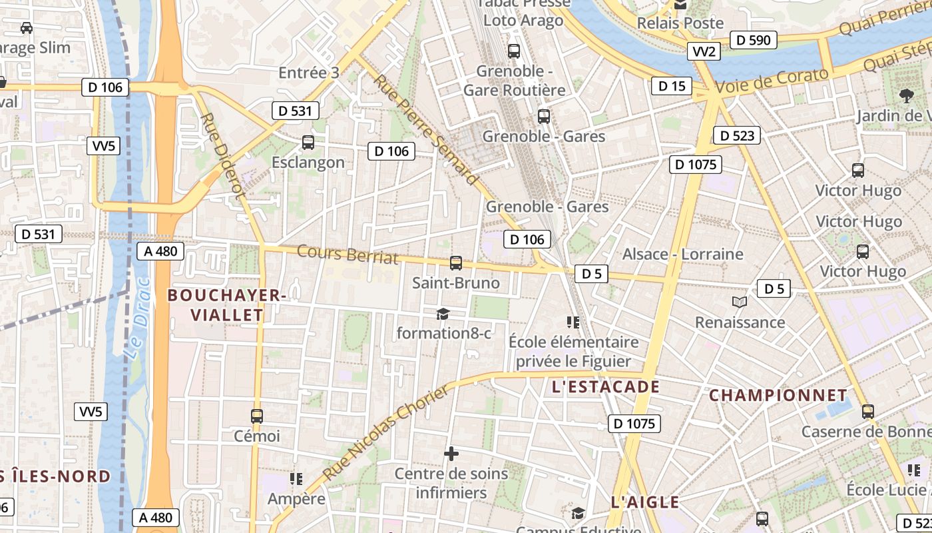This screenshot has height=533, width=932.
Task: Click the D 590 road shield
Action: coord(754,40)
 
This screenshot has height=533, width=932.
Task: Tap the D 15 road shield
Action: coord(672,85)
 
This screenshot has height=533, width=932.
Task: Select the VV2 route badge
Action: coord(704,51)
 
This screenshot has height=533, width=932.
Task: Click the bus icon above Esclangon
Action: coord(308,142)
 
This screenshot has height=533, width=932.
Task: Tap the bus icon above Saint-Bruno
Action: coord(456,263)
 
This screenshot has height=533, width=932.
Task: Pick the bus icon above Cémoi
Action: coord(257,416)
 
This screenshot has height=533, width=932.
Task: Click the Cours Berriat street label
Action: coord(347,255)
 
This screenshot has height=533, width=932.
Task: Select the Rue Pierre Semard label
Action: coord(425,129)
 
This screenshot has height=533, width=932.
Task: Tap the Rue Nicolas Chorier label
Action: coord(386,433)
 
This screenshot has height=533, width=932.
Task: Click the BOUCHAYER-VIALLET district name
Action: coord(226,304)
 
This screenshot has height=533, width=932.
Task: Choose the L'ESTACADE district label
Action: coord(605,386)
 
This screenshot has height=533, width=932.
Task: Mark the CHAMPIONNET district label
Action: coord(778,395)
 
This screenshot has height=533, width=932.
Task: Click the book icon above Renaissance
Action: coord(739,302)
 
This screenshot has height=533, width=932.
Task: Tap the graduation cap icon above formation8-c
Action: coord(443,313)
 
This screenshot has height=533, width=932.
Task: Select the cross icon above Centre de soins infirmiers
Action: coord(451,454)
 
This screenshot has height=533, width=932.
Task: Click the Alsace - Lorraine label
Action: coord(682,254)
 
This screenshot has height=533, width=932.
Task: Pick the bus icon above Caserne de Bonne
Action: coord(867,411)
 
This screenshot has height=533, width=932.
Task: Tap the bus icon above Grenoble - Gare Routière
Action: coord(513,51)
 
